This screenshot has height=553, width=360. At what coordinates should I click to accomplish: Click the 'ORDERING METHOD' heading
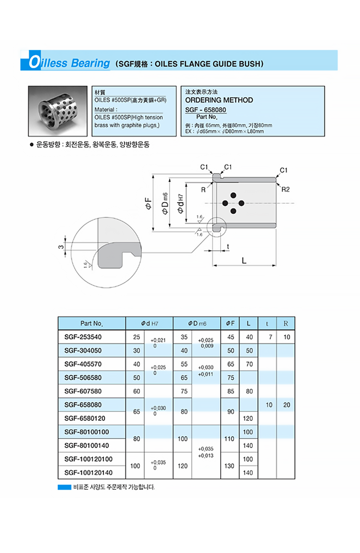pos(219,100)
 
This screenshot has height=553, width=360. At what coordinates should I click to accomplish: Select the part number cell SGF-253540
pos(83,337)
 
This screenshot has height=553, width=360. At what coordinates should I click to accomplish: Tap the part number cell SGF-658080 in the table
pos(83,405)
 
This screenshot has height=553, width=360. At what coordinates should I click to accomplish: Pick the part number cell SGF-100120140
pos(89,473)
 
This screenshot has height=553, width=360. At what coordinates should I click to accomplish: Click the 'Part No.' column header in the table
pos(91,323)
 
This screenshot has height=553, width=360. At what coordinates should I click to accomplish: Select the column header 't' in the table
pos(267,323)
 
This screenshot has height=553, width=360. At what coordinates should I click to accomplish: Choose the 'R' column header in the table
pos(286,323)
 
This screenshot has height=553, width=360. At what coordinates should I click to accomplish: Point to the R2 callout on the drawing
pos(285,190)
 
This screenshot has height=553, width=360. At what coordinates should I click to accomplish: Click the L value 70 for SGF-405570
pos(249,364)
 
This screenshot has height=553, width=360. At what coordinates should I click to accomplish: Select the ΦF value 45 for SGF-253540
pos(231,337)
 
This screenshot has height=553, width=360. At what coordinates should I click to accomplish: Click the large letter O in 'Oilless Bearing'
pos(34,63)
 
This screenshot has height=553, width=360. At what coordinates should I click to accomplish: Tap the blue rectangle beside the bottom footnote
pos(64,487)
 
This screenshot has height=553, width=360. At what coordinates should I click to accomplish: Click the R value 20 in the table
pos(286,405)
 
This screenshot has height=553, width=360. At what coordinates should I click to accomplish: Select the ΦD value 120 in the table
pos(183,466)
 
